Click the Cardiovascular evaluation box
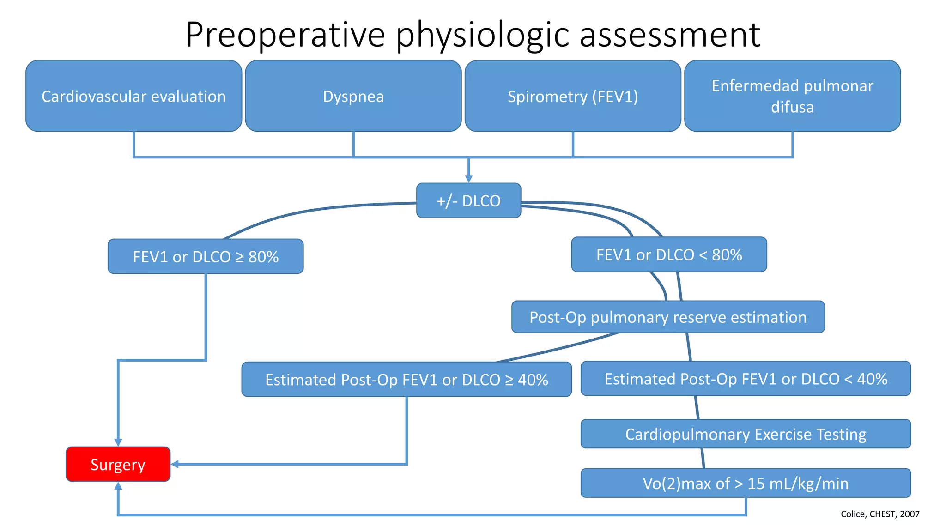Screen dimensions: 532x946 click(x=133, y=96)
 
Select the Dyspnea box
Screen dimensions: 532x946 click(x=353, y=96)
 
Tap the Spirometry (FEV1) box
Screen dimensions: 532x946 click(x=573, y=96)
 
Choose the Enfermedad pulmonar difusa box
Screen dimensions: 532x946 click(x=792, y=96)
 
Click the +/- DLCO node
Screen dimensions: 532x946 click(x=468, y=200)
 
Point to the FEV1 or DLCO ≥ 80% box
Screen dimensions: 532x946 click(x=206, y=256)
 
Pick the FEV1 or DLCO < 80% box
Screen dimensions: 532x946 click(x=669, y=254)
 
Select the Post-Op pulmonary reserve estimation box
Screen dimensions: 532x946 click(x=668, y=317)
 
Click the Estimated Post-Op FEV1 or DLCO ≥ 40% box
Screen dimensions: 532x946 click(x=406, y=379)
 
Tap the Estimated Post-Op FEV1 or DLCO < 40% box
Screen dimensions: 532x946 click(x=746, y=379)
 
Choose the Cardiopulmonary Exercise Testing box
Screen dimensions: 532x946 click(x=746, y=434)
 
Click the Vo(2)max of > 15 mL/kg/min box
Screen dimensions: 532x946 click(x=746, y=483)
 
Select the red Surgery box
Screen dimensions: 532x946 click(x=118, y=464)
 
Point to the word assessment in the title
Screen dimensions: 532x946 click(x=669, y=35)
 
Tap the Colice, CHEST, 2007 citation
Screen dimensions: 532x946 click(x=879, y=514)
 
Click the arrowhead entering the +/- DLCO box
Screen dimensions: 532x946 click(x=468, y=179)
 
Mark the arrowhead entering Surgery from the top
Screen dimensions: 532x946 click(x=118, y=442)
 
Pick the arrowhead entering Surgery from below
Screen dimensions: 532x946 click(x=118, y=486)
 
